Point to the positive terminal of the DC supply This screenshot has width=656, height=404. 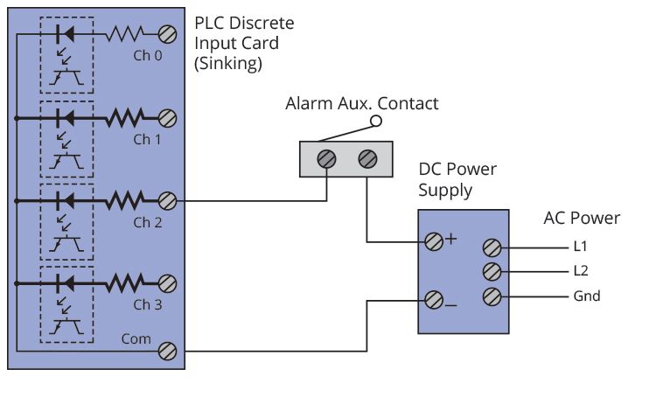click(x=434, y=241)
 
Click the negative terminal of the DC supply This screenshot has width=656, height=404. click(x=434, y=302)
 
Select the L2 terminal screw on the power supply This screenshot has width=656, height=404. click(x=492, y=272)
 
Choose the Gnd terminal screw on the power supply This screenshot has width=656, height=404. click(x=492, y=296)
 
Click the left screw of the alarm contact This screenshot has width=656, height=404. click(x=327, y=159)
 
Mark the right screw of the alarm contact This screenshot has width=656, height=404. click(x=367, y=159)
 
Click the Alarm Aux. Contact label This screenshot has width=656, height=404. click(x=361, y=104)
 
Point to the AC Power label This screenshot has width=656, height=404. click(x=582, y=218)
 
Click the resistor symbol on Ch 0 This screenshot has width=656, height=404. click(x=126, y=35)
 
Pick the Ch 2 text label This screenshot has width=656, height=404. click(x=148, y=222)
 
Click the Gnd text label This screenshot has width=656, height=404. click(x=587, y=296)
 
